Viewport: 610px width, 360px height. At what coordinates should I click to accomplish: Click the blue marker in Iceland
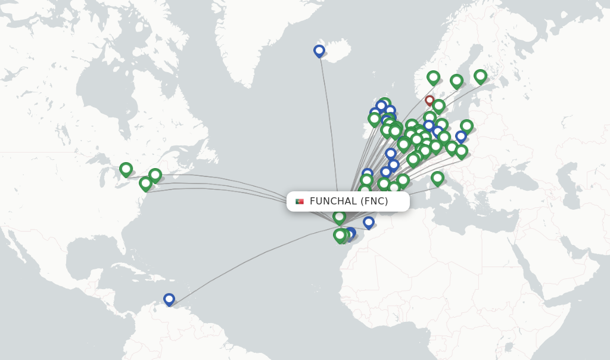point(319,51)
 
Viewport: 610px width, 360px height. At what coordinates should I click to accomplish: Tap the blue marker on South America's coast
point(169,299)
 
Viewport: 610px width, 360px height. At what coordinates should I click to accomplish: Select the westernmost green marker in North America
point(126,169)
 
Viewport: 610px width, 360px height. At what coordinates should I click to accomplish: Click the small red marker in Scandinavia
point(430,100)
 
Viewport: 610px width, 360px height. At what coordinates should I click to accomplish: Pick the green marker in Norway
point(433,77)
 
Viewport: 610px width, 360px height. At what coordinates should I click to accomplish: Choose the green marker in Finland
point(480,76)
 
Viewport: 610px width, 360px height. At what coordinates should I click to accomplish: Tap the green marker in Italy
point(437,178)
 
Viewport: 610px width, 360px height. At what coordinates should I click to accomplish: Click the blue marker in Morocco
point(369,222)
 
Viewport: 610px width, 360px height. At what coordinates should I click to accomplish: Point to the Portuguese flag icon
point(300,201)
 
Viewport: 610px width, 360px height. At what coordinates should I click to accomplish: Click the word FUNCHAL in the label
point(333,201)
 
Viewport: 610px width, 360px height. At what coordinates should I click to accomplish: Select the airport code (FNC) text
point(374,201)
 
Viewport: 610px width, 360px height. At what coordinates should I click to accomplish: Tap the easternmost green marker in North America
point(155,175)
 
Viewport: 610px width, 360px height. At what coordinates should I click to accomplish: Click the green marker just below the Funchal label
point(339,216)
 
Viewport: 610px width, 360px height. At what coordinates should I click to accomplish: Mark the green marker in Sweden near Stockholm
point(456,80)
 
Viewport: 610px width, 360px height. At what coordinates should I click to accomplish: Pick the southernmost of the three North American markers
point(145,184)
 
